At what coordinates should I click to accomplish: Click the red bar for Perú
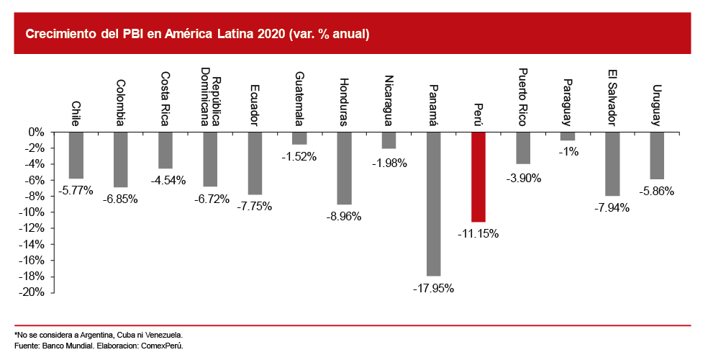pyautogui.click(x=478, y=176)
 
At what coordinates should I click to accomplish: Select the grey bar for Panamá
pyautogui.click(x=433, y=204)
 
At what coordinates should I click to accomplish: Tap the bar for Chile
pyautogui.click(x=76, y=155)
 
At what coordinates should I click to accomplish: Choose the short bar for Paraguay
pyautogui.click(x=568, y=136)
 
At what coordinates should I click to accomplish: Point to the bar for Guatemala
pyautogui.click(x=299, y=138)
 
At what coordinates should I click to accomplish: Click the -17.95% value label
pyautogui.click(x=433, y=288)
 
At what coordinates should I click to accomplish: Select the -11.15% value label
pyautogui.click(x=478, y=233)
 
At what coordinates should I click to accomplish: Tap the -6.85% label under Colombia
pyautogui.click(x=120, y=199)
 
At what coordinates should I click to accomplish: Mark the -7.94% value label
pyautogui.click(x=612, y=207)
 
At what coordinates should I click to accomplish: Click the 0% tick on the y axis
pyautogui.click(x=37, y=132)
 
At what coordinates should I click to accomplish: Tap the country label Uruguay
pyautogui.click(x=656, y=105)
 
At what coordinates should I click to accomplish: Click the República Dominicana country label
pyautogui.click(x=209, y=96)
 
